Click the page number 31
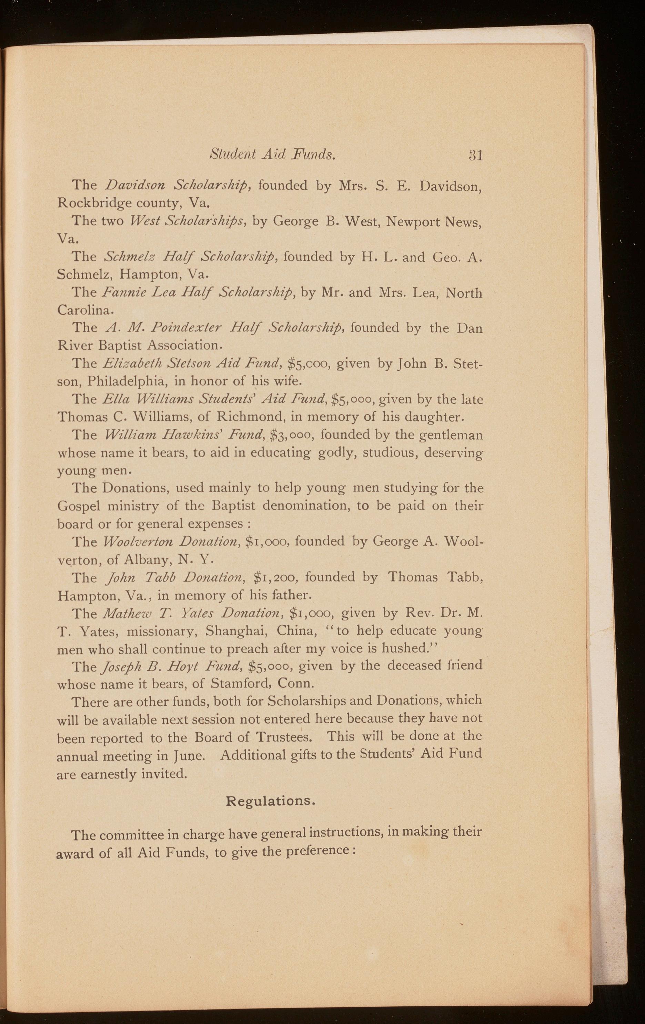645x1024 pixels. pyautogui.click(x=476, y=155)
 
